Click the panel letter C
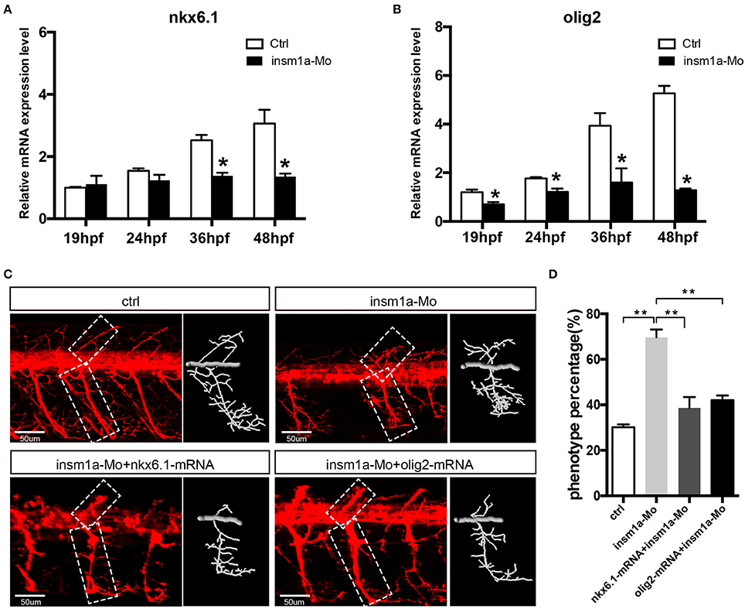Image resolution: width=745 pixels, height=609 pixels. pyautogui.click(x=8, y=275)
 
